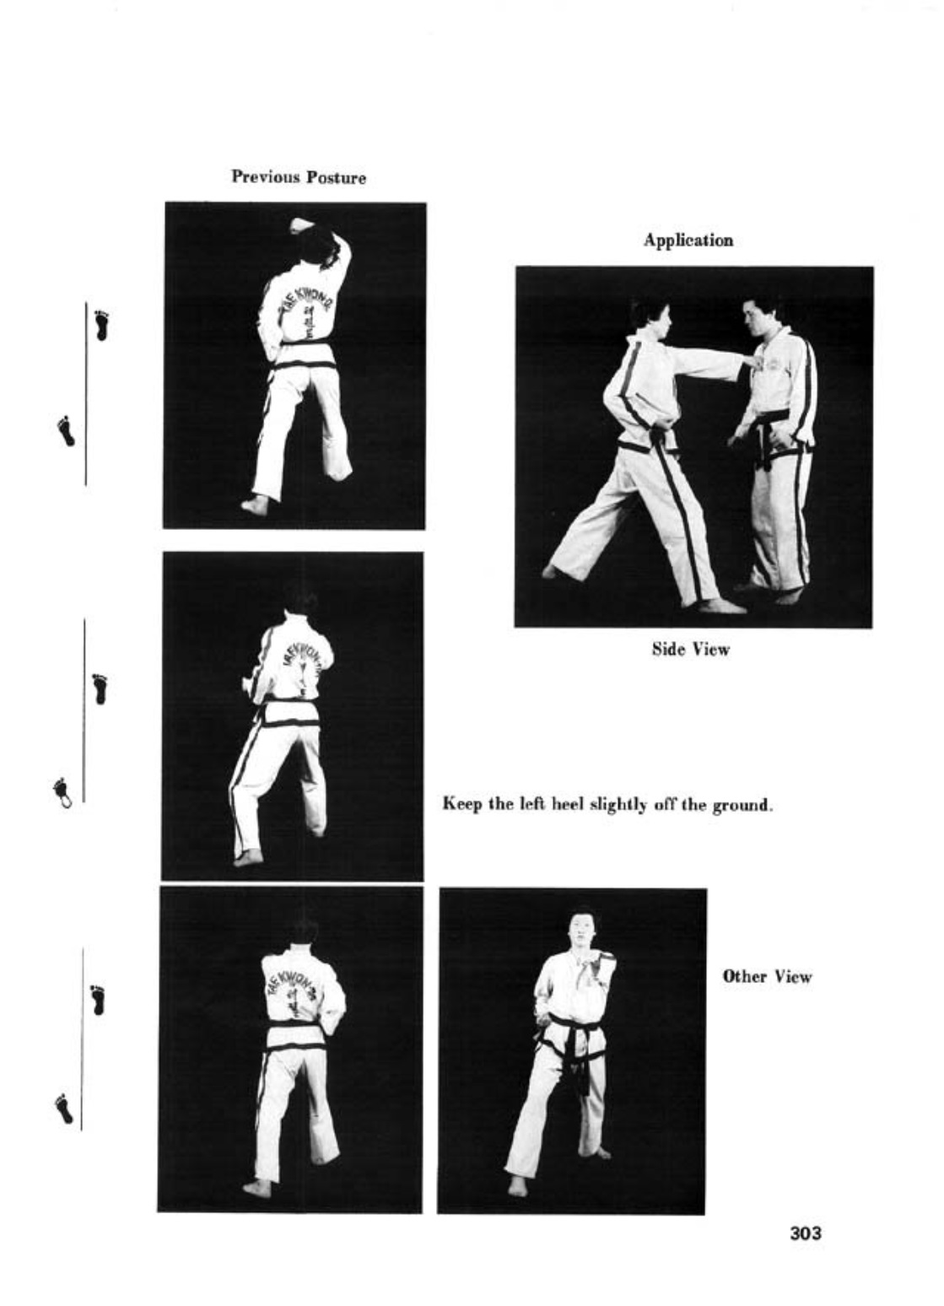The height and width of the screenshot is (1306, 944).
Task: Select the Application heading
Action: pos(688,240)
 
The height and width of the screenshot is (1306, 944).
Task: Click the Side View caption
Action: pos(690,649)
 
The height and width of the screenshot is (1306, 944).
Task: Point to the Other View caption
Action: pos(767,976)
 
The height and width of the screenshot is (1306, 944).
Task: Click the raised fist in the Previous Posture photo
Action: pos(301,224)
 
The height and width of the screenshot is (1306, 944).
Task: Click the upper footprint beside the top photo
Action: pos(103,326)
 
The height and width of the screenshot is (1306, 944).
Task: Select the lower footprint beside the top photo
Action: pos(66,431)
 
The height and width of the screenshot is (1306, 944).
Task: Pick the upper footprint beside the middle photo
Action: pos(101,688)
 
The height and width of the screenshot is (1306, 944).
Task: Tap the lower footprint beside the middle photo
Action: pos(62,794)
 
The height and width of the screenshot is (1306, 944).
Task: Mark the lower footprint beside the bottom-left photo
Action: pos(64,1107)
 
